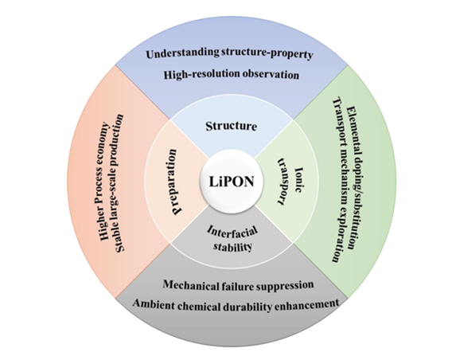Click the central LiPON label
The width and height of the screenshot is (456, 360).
(232, 182)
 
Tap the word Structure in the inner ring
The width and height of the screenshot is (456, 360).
(232, 127)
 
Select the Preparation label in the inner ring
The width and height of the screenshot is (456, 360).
(173, 182)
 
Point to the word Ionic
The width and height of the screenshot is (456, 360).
(298, 179)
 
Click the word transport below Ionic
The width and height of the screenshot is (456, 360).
(283, 182)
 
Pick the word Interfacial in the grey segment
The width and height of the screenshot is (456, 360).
(232, 233)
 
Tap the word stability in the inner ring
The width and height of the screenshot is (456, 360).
(232, 247)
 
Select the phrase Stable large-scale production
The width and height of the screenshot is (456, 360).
(119, 183)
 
